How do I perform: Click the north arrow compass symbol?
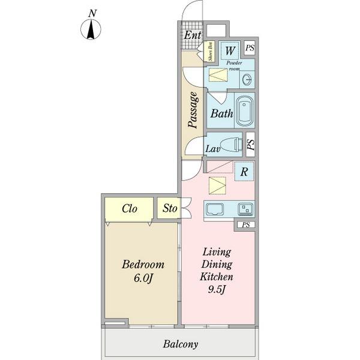tap(91, 29)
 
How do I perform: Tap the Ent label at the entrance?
tap(193, 35)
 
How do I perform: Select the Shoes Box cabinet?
tap(211, 52)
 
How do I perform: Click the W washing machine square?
tap(230, 50)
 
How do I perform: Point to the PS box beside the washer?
tap(250, 48)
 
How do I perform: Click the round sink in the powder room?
tap(247, 79)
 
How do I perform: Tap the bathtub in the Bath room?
tap(245, 111)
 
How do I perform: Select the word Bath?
tap(221, 113)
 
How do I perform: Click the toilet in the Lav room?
tap(231, 145)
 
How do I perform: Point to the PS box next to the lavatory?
tap(250, 145)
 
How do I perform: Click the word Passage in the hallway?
tap(193, 110)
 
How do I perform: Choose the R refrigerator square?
tap(244, 171)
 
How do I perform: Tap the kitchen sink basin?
tap(215, 209)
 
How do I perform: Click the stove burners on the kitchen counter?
tap(245, 209)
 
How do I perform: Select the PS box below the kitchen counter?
tap(246, 225)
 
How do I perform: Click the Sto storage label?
tap(170, 208)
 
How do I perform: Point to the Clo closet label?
tap(130, 208)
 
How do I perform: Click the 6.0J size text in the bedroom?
tap(143, 278)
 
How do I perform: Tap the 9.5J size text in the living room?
tap(217, 290)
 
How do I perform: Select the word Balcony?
tap(181, 344)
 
